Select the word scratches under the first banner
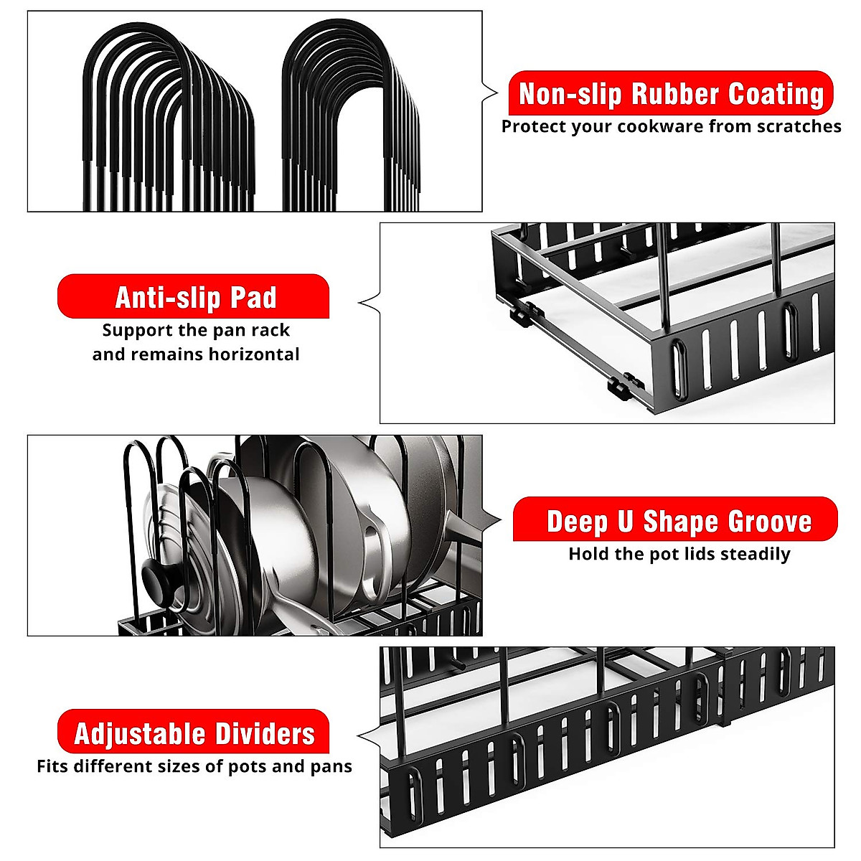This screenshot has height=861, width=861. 796,127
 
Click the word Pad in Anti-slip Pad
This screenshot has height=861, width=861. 254,297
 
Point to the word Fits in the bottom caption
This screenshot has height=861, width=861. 52,766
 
